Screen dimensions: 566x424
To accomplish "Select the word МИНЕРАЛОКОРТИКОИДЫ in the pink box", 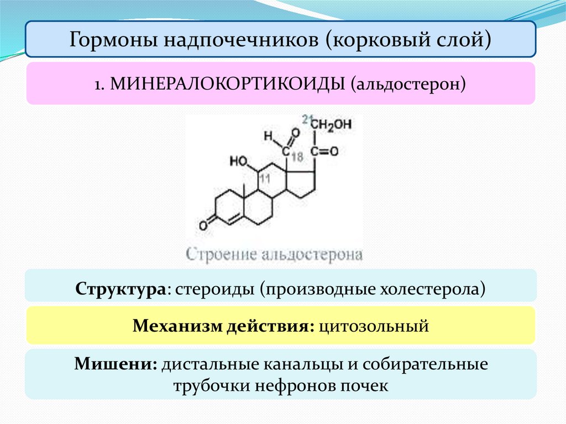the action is (227, 84).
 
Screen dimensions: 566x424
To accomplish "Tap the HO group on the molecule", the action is (239, 162).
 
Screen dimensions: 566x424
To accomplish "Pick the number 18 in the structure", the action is (297, 157).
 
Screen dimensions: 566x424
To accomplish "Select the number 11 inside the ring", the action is (265, 179).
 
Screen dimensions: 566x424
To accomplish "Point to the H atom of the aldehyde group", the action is (268, 134).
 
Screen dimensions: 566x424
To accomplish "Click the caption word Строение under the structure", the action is (216, 255).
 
